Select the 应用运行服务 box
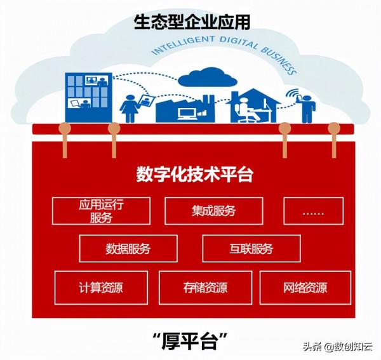(101, 211)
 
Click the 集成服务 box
(213, 211)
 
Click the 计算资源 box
(102, 287)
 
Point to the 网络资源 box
(305, 287)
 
